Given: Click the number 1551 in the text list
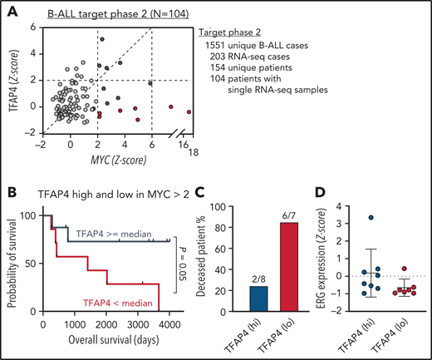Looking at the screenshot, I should [216, 52].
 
